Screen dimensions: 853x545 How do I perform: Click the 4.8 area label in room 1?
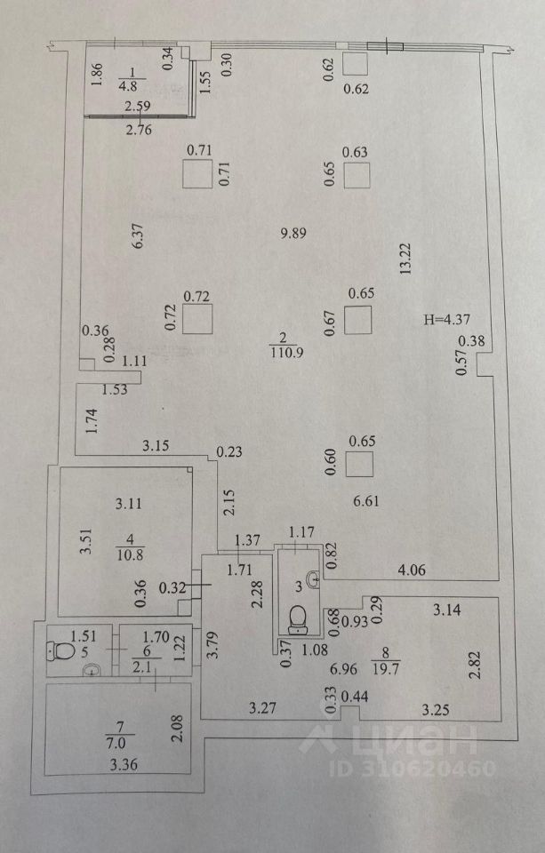[130, 87]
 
